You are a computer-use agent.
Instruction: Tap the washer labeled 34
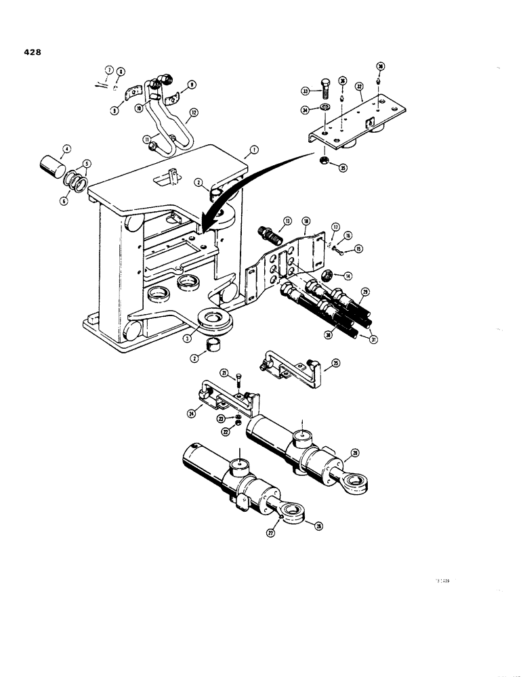[327, 108]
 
